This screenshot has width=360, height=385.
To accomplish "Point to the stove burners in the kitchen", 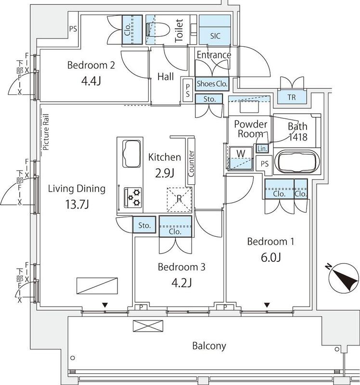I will (x=132, y=195).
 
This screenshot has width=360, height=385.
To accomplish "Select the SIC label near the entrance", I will (x=216, y=36).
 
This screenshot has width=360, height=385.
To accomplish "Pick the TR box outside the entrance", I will (x=291, y=97).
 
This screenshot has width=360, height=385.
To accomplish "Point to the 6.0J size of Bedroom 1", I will (x=270, y=257).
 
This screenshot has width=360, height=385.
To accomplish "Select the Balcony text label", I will (x=209, y=346).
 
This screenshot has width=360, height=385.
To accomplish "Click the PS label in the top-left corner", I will (x=73, y=29).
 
